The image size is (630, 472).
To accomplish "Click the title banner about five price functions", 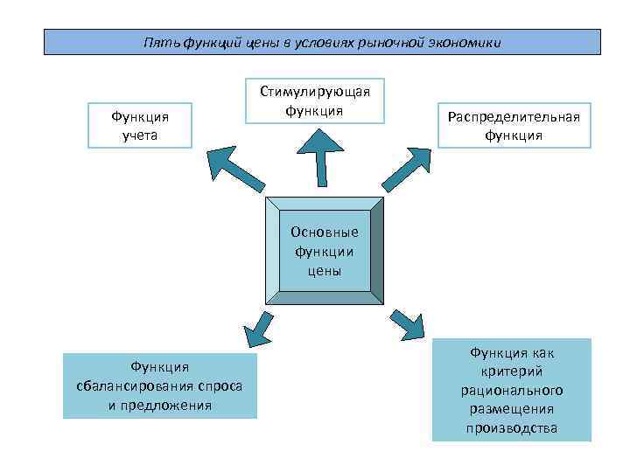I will (x=322, y=42).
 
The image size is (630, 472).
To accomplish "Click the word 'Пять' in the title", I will (x=164, y=43).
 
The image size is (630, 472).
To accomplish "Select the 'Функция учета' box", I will (x=140, y=125).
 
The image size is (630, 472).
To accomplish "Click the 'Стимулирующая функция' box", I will (x=314, y=101).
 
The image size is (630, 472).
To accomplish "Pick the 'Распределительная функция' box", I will (x=514, y=126).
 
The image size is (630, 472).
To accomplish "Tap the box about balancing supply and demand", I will (x=160, y=385).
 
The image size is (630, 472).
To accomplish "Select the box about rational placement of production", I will (x=512, y=390).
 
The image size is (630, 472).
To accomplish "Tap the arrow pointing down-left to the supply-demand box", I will (x=255, y=328).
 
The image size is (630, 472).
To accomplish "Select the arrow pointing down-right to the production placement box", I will (x=404, y=324).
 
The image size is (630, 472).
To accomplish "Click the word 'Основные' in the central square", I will (x=324, y=233).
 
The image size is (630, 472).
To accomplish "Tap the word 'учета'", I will (x=140, y=135).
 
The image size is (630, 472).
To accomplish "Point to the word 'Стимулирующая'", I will (x=315, y=92).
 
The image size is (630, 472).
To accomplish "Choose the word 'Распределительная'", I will (x=514, y=116).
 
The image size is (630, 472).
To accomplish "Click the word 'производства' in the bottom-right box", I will (x=512, y=428).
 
